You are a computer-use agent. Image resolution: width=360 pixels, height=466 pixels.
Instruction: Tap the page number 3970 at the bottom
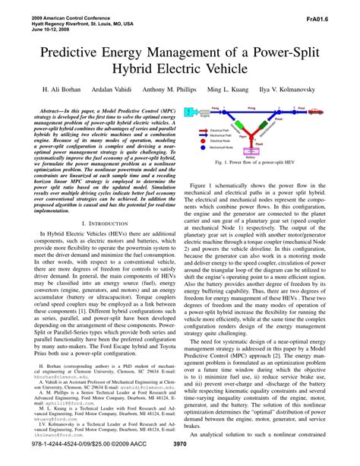(x=180, y=455)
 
